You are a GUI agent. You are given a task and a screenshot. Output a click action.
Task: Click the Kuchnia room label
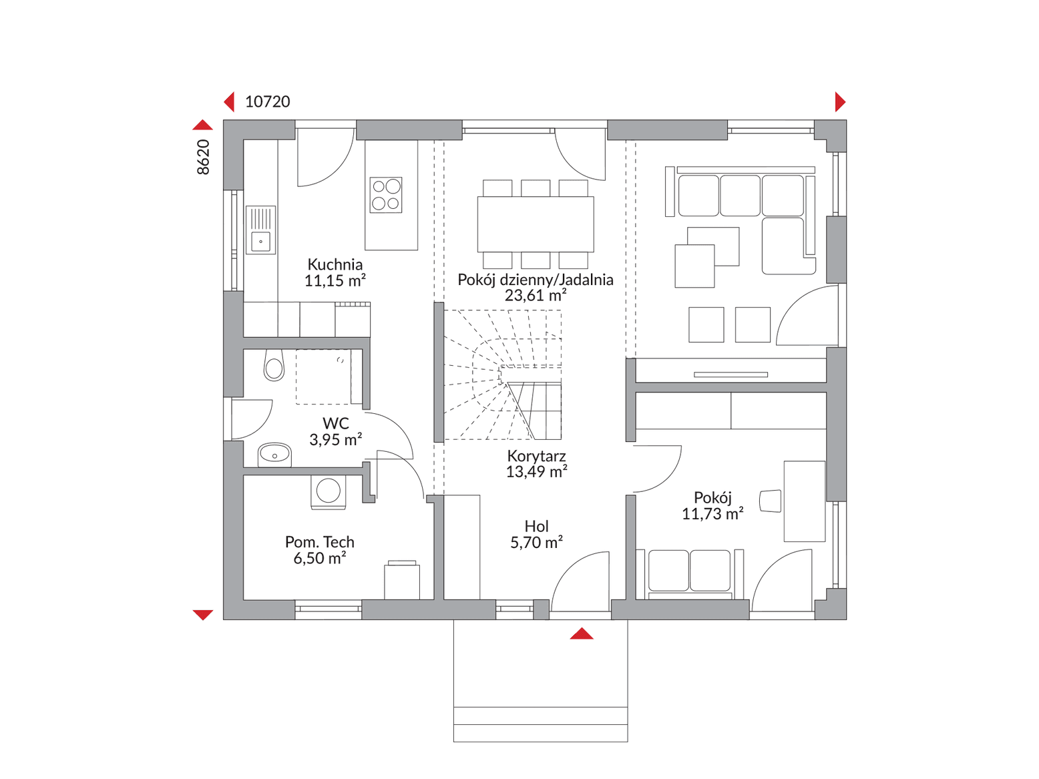click(x=335, y=264)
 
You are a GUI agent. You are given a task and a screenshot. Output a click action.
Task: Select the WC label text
click(x=336, y=423)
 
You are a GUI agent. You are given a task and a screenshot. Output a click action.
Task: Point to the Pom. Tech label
click(x=319, y=541)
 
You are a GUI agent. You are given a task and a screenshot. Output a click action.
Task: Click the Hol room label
click(x=536, y=526)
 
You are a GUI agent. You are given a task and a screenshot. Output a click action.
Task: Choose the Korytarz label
click(x=536, y=456)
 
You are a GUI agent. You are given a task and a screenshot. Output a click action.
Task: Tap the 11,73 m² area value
click(x=712, y=513)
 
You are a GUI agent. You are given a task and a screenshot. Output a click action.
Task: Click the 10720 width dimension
click(x=268, y=101)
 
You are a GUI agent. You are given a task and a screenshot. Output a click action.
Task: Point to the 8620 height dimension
click(x=203, y=157)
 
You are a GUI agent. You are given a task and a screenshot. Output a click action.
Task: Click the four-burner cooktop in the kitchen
click(x=386, y=195)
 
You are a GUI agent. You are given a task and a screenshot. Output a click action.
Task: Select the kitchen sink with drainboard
click(x=260, y=230)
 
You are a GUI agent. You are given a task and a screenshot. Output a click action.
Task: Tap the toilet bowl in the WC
click(x=274, y=365)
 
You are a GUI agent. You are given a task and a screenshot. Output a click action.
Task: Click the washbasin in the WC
click(x=274, y=455)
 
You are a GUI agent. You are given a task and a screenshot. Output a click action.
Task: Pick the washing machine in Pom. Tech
click(x=328, y=492)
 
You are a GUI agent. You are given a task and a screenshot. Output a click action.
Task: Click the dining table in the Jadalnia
click(x=536, y=225)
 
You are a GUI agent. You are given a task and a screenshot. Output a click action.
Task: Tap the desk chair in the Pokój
click(x=770, y=501)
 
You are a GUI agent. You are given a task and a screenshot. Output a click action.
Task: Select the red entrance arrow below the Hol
click(x=582, y=633)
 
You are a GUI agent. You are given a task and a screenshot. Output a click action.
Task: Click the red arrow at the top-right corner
click(x=840, y=101)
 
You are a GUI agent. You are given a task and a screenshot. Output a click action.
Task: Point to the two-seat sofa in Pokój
click(x=689, y=573)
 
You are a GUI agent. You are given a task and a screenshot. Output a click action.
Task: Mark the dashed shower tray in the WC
click(x=324, y=377)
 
